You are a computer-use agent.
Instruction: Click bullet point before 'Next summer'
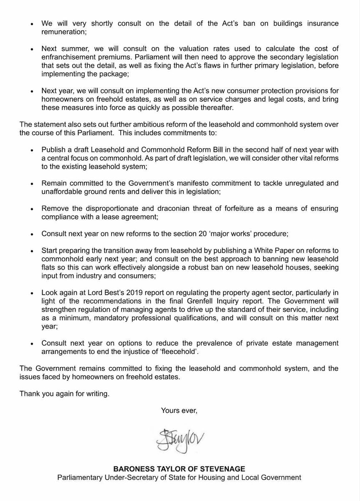[x=32, y=49]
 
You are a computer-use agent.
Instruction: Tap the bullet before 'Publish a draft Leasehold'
[x=32, y=150]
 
